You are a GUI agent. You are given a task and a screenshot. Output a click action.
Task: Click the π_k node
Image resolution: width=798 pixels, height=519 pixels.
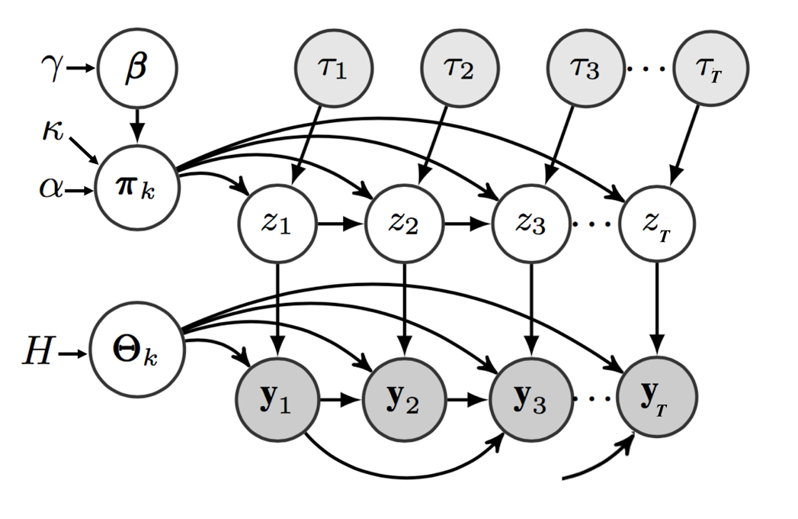[x=136, y=185]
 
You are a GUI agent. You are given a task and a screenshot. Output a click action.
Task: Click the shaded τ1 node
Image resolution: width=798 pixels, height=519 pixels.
[x=332, y=70]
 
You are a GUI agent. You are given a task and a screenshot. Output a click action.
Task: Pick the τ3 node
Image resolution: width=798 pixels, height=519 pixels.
[x=584, y=70]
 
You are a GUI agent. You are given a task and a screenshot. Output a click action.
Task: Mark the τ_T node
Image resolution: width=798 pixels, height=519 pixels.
[x=710, y=70]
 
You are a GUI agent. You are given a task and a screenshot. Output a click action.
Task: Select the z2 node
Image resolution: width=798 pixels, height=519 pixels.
[x=404, y=226]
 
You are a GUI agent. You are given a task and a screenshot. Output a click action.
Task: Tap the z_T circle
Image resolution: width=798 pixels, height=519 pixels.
[x=657, y=226]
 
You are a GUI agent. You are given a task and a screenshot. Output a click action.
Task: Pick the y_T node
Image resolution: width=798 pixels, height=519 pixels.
[x=657, y=399]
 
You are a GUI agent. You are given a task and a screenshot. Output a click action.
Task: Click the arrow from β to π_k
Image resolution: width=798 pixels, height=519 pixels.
[x=136, y=124]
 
